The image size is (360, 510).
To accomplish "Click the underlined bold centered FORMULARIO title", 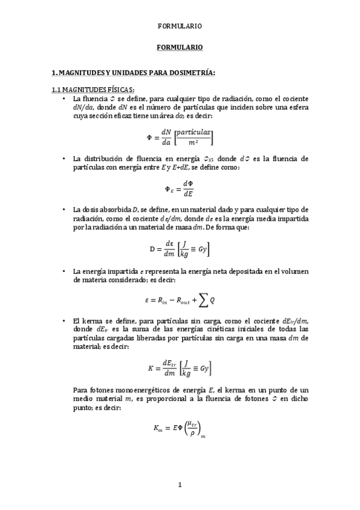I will click(x=180, y=47).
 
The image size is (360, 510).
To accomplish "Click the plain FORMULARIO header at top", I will click(x=180, y=26).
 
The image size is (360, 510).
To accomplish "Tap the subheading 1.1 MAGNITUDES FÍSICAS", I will click(x=92, y=90).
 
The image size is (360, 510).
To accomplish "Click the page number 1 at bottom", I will click(x=180, y=484).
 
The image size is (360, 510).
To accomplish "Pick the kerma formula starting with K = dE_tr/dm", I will click(x=179, y=368).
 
